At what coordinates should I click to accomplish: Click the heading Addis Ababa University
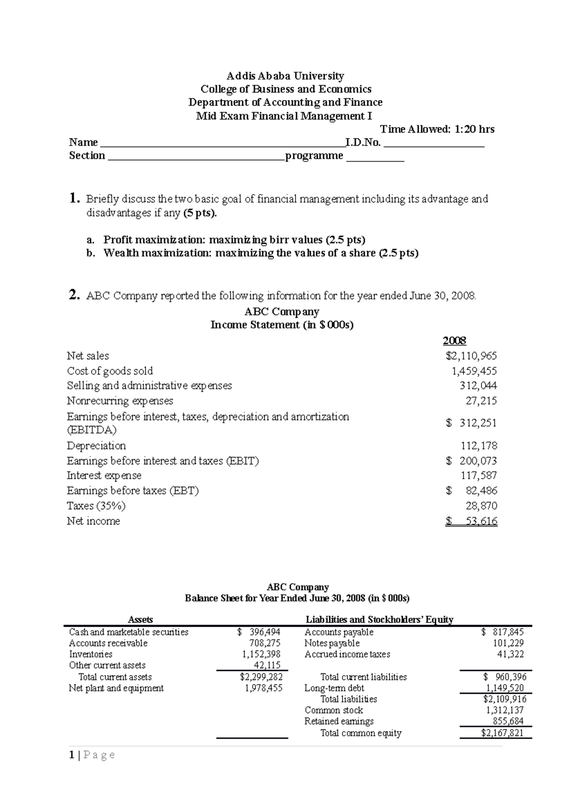click(285, 76)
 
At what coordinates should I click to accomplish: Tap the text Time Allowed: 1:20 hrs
click(437, 129)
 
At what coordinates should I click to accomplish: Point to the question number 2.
click(74, 296)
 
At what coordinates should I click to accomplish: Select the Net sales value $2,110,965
click(471, 356)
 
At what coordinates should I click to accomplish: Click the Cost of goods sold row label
click(110, 371)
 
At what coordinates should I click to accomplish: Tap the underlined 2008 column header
click(454, 341)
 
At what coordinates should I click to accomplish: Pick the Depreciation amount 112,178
click(479, 446)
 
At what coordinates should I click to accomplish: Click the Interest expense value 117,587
click(479, 475)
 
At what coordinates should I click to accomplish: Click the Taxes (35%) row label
click(96, 505)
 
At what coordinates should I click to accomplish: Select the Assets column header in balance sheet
click(140, 620)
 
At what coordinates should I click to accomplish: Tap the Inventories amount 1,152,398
click(261, 654)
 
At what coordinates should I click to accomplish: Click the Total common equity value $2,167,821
click(502, 733)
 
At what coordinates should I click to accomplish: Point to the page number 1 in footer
click(71, 755)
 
